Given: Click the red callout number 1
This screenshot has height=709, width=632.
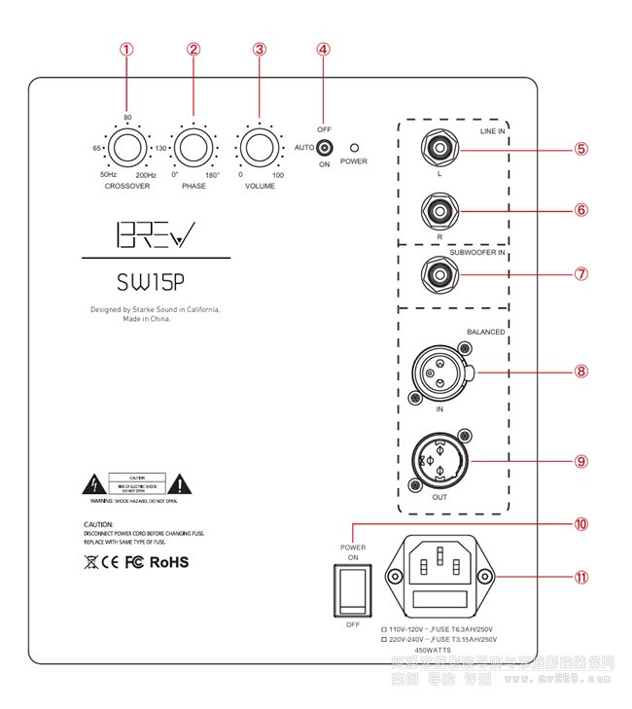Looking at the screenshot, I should click(126, 50).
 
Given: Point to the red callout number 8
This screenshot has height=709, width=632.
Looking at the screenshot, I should click(581, 371).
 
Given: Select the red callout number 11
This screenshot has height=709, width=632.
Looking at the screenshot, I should click(581, 576).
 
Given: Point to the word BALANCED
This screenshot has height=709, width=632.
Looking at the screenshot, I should click(485, 333).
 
